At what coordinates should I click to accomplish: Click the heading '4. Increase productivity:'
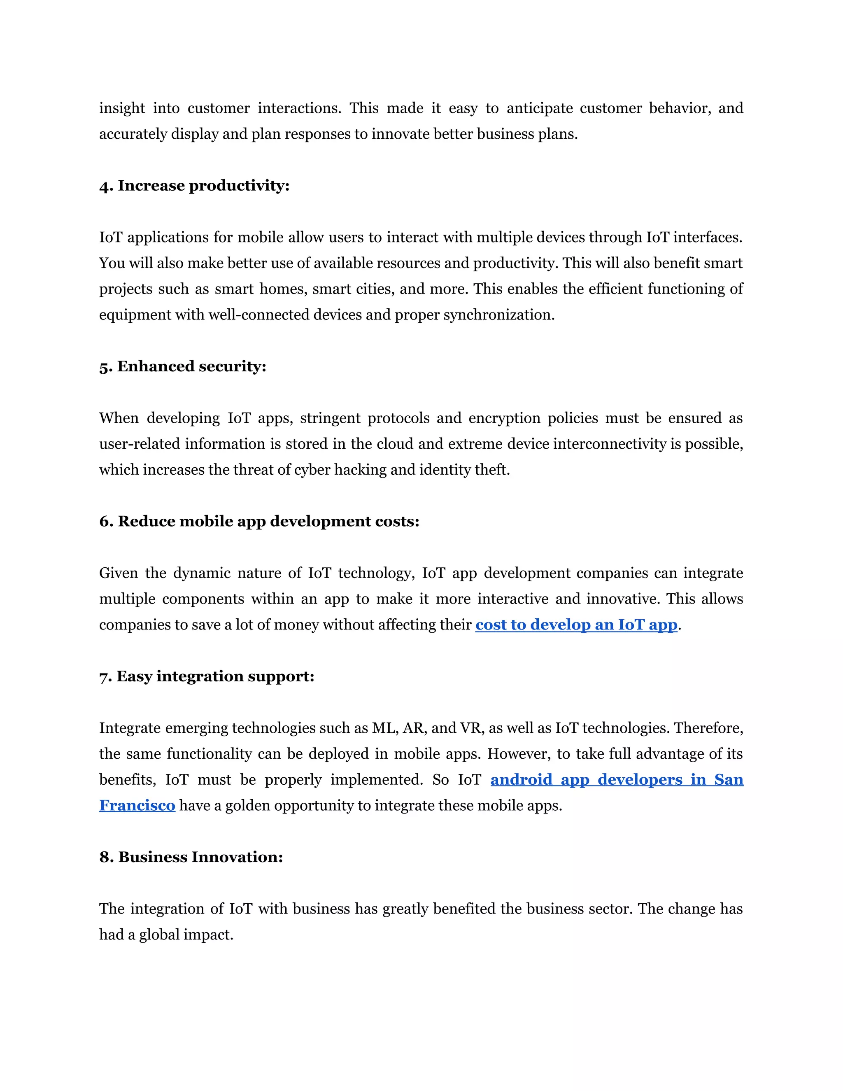pyautogui.click(x=194, y=186)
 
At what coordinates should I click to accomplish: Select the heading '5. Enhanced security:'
pyautogui.click(x=183, y=367)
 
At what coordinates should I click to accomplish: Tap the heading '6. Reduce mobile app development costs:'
pyautogui.click(x=259, y=522)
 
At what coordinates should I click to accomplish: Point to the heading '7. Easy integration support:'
pyautogui.click(x=207, y=676)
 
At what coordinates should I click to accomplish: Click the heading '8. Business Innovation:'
pyautogui.click(x=191, y=857)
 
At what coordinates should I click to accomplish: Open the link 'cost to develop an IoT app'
pyautogui.click(x=576, y=625)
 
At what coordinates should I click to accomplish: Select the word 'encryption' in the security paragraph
pyautogui.click(x=504, y=418)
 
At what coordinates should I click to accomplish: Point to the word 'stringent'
pyautogui.click(x=330, y=418)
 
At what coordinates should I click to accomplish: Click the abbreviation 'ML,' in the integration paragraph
pyautogui.click(x=385, y=728)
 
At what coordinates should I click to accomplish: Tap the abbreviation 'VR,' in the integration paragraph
pyautogui.click(x=472, y=728)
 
